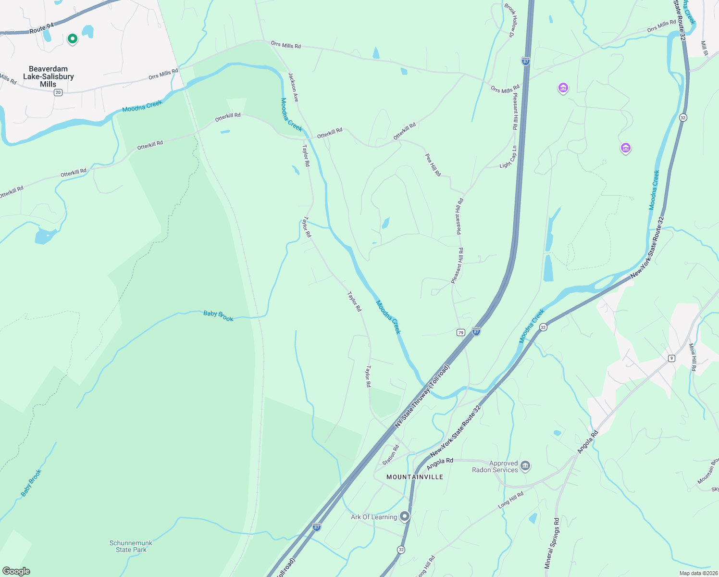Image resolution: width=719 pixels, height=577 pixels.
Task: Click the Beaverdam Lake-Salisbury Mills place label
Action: tap(48, 76)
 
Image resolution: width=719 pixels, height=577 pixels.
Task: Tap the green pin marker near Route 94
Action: tap(73, 39)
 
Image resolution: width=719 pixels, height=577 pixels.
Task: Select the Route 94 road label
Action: tap(41, 29)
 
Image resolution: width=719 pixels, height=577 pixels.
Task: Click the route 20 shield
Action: tap(58, 92)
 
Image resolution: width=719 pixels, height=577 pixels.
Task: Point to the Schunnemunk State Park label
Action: tap(131, 546)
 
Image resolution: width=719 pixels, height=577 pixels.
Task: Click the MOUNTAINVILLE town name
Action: tap(415, 477)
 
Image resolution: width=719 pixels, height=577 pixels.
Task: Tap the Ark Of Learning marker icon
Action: tap(405, 516)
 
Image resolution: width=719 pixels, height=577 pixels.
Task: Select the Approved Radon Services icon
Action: tap(525, 466)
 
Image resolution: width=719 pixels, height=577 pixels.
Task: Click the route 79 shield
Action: tap(461, 332)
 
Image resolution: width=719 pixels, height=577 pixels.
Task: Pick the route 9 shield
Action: tap(671, 358)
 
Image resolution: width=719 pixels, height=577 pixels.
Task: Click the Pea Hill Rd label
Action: tap(433, 164)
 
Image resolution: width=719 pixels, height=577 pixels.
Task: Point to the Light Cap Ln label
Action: tap(508, 157)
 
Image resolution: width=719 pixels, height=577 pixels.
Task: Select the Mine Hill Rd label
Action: tap(693, 357)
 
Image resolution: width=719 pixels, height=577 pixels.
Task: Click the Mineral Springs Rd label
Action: tap(552, 543)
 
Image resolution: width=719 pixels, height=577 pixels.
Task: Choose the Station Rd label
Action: tap(391, 455)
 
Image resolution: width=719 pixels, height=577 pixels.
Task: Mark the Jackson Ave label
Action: tap(293, 87)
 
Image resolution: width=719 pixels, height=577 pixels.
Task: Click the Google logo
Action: tap(16, 571)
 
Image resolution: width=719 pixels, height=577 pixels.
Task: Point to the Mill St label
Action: tap(704, 48)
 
